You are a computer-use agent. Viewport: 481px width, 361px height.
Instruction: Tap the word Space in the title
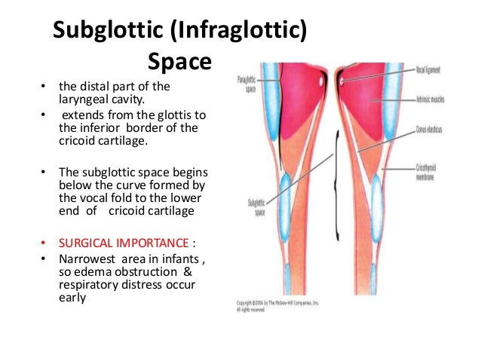pyautogui.click(x=181, y=60)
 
